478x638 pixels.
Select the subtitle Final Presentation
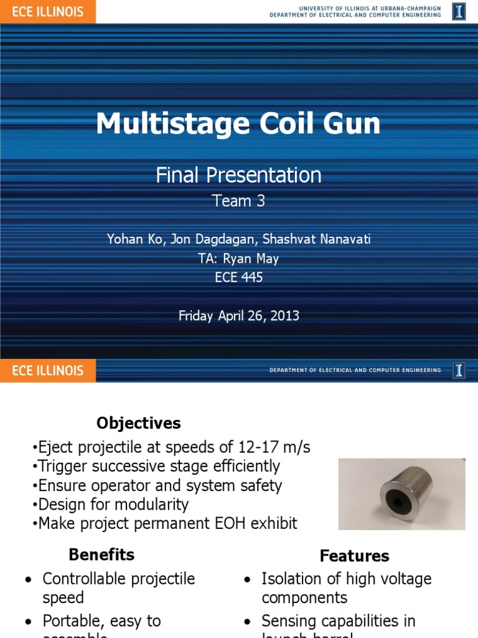(238, 175)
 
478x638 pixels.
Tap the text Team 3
(238, 201)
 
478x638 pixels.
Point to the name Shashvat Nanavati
(324, 239)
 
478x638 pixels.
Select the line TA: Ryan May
(238, 259)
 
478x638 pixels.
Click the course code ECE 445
(238, 277)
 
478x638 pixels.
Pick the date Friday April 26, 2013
(238, 316)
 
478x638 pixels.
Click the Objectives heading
(138, 424)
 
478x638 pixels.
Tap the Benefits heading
(101, 555)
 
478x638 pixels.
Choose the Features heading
(354, 556)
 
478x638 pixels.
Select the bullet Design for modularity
(113, 504)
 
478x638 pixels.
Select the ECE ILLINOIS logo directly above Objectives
(48, 371)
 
